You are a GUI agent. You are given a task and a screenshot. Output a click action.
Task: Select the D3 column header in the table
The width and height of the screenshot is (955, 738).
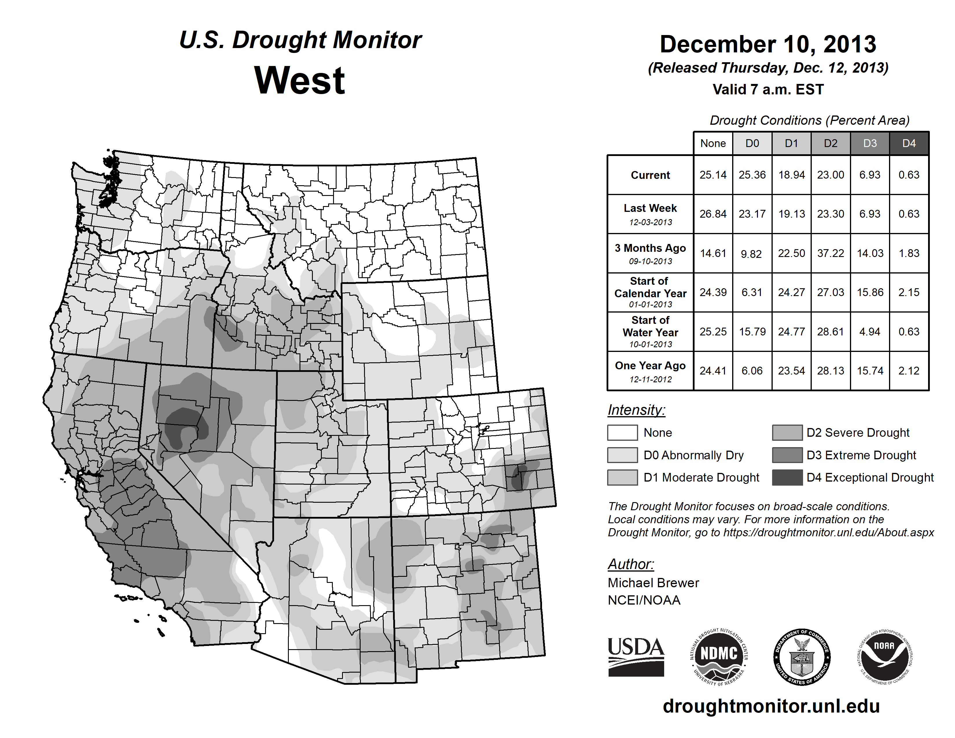point(870,143)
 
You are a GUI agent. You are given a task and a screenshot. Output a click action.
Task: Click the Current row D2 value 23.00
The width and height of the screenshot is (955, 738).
point(830,175)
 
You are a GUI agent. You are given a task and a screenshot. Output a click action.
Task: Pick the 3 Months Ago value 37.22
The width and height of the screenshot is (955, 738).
point(830,254)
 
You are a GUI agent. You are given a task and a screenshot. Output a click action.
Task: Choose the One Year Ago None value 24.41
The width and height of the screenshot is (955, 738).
point(713,371)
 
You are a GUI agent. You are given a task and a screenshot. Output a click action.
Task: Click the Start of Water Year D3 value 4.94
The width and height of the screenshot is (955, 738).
point(870,332)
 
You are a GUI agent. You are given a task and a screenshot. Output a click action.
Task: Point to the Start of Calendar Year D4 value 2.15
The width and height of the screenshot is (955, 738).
point(909,293)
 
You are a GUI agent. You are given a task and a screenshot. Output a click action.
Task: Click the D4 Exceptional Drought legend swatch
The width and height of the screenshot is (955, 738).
point(787,478)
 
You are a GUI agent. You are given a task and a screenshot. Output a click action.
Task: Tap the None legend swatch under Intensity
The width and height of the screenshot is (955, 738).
point(622,432)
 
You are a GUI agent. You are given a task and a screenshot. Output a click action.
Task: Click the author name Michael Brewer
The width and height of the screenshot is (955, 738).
point(653,583)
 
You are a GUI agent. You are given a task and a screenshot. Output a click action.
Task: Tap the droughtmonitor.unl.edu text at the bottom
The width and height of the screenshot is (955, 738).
point(771,706)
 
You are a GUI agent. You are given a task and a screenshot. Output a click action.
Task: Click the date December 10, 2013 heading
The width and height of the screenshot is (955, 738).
point(768,45)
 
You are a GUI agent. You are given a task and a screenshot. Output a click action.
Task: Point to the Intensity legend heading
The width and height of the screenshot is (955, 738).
point(636,410)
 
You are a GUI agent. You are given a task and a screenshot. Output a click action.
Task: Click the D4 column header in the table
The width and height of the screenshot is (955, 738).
point(909,143)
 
